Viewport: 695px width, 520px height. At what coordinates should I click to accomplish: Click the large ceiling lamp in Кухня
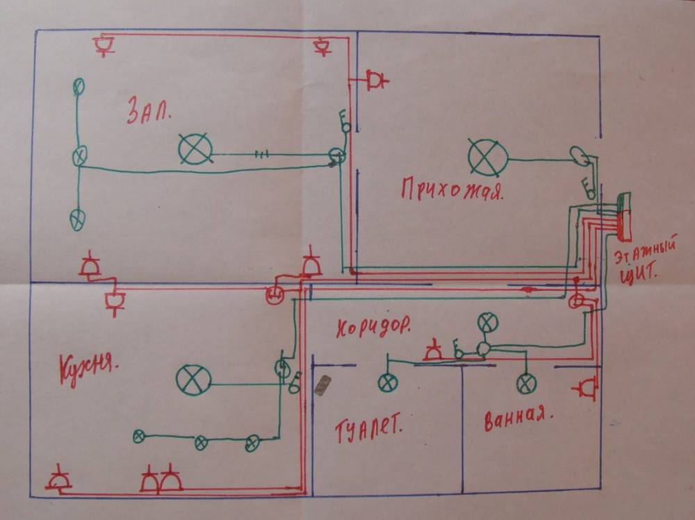click(193, 379)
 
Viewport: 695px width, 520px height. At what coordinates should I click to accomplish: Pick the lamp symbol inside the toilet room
click(387, 382)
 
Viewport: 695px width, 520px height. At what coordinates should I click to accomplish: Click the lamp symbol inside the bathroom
click(526, 383)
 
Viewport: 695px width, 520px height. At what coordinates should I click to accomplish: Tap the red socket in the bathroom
click(587, 387)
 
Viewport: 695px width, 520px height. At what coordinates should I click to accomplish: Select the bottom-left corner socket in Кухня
click(58, 480)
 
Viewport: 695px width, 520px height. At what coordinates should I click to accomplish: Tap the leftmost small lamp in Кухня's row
click(139, 436)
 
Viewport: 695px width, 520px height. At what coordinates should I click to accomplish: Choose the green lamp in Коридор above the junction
click(488, 321)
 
